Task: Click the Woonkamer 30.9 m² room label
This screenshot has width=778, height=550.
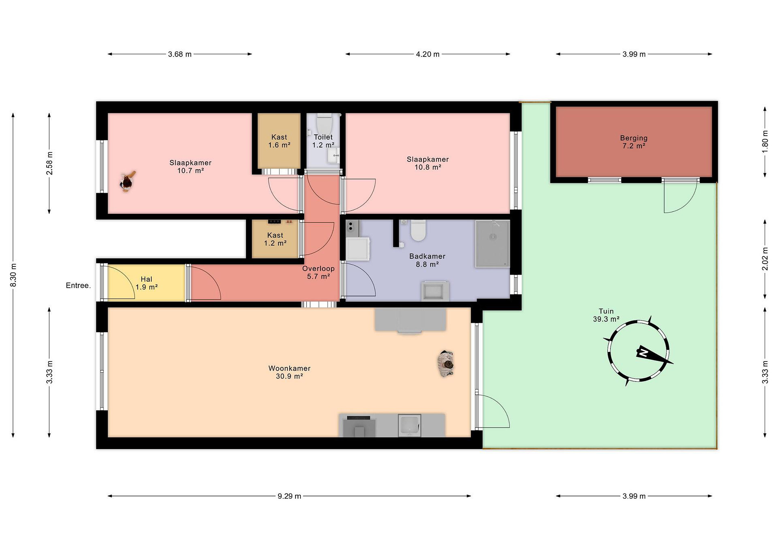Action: point(289,372)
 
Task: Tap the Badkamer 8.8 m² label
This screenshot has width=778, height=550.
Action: point(427,260)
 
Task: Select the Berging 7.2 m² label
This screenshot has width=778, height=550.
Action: point(634,142)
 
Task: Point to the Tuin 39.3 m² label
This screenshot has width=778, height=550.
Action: point(606,315)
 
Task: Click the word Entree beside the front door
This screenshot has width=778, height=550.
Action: point(78,285)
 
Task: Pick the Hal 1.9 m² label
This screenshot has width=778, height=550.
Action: point(146,283)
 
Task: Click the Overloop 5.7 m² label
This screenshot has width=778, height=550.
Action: point(318,272)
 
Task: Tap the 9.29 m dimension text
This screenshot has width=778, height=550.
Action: point(289,496)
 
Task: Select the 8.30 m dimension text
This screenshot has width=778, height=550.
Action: point(13,275)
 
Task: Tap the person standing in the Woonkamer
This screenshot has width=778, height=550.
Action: point(445,364)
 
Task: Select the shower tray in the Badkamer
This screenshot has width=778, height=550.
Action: point(492,244)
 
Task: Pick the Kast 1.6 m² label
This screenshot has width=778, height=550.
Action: point(279,141)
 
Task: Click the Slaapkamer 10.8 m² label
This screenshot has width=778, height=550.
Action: point(428,163)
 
